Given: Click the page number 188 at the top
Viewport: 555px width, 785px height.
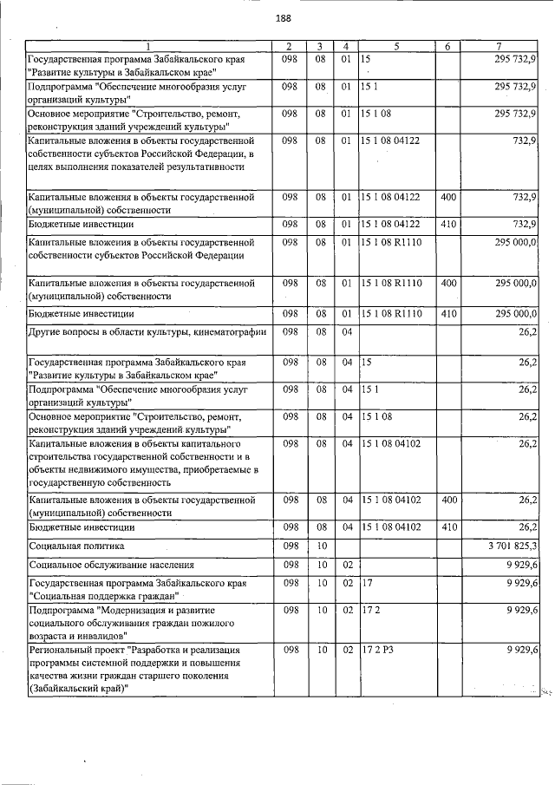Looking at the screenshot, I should pyautogui.click(x=283, y=18).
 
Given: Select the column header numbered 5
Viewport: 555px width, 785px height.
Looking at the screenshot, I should pyautogui.click(x=396, y=46).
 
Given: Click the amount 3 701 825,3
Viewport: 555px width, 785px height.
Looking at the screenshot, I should pyautogui.click(x=513, y=546).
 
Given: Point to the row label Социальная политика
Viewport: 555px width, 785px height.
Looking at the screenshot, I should pyautogui.click(x=76, y=546).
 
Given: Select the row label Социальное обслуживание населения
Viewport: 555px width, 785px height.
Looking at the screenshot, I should pyautogui.click(x=108, y=565).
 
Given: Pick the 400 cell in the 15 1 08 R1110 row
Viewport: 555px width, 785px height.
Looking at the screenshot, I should pyautogui.click(x=448, y=283).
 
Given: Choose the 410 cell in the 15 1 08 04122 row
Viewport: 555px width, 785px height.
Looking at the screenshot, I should pyautogui.click(x=448, y=225).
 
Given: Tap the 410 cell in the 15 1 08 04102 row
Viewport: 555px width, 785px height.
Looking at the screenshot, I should pyautogui.click(x=448, y=527).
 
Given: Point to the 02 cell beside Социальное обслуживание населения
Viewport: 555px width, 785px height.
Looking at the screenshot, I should pyautogui.click(x=344, y=565).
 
